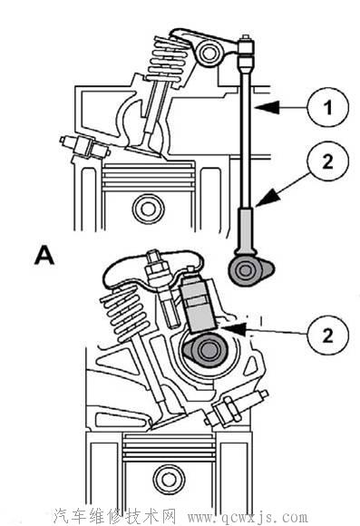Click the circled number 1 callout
click(327, 107)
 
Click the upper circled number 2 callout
click(327, 161)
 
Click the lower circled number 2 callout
click(327, 335)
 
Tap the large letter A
click(44, 255)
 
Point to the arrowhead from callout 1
click(267, 107)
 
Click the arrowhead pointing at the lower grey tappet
click(233, 328)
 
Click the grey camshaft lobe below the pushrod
click(250, 270)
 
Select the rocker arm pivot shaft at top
click(208, 54)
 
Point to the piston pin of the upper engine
click(148, 209)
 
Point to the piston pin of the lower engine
click(169, 479)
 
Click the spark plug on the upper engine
click(84, 147)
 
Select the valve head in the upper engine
click(144, 151)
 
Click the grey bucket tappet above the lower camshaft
click(198, 304)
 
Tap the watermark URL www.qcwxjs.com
click(248, 516)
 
